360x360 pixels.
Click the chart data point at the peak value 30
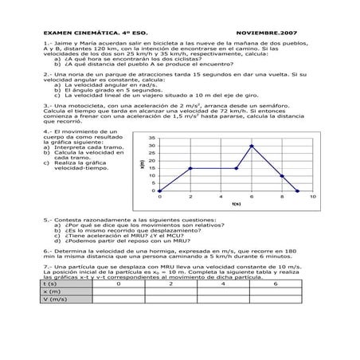[x=252, y=146]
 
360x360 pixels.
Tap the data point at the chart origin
[x=159, y=191]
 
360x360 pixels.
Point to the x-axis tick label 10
[x=313, y=197]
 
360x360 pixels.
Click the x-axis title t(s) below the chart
[x=236, y=204]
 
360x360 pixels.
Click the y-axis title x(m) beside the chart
[x=142, y=164]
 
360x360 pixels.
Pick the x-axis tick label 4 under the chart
[x=221, y=197]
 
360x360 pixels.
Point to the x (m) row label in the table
[x=53, y=292]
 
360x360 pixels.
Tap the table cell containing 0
[x=118, y=284]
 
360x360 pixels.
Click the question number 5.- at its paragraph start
[x=48, y=219]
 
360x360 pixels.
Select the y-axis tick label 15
[x=151, y=168]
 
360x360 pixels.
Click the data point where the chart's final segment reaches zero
[x=298, y=191]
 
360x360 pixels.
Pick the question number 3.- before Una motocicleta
[x=48, y=104]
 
